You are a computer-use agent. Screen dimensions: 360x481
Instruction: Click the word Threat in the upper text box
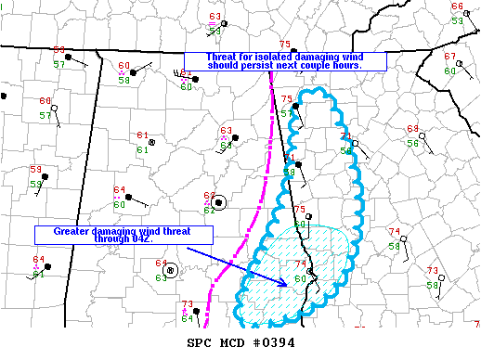coord(201,57)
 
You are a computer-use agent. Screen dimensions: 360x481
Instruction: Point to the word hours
coord(370,66)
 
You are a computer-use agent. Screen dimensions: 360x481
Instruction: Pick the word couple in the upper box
coord(333,66)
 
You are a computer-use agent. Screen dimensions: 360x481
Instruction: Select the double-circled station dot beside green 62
coord(218,202)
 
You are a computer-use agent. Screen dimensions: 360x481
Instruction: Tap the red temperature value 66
coord(457,7)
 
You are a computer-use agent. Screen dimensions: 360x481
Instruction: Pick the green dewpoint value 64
coord(187,319)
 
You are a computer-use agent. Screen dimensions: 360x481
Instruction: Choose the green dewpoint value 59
coord(36,184)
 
